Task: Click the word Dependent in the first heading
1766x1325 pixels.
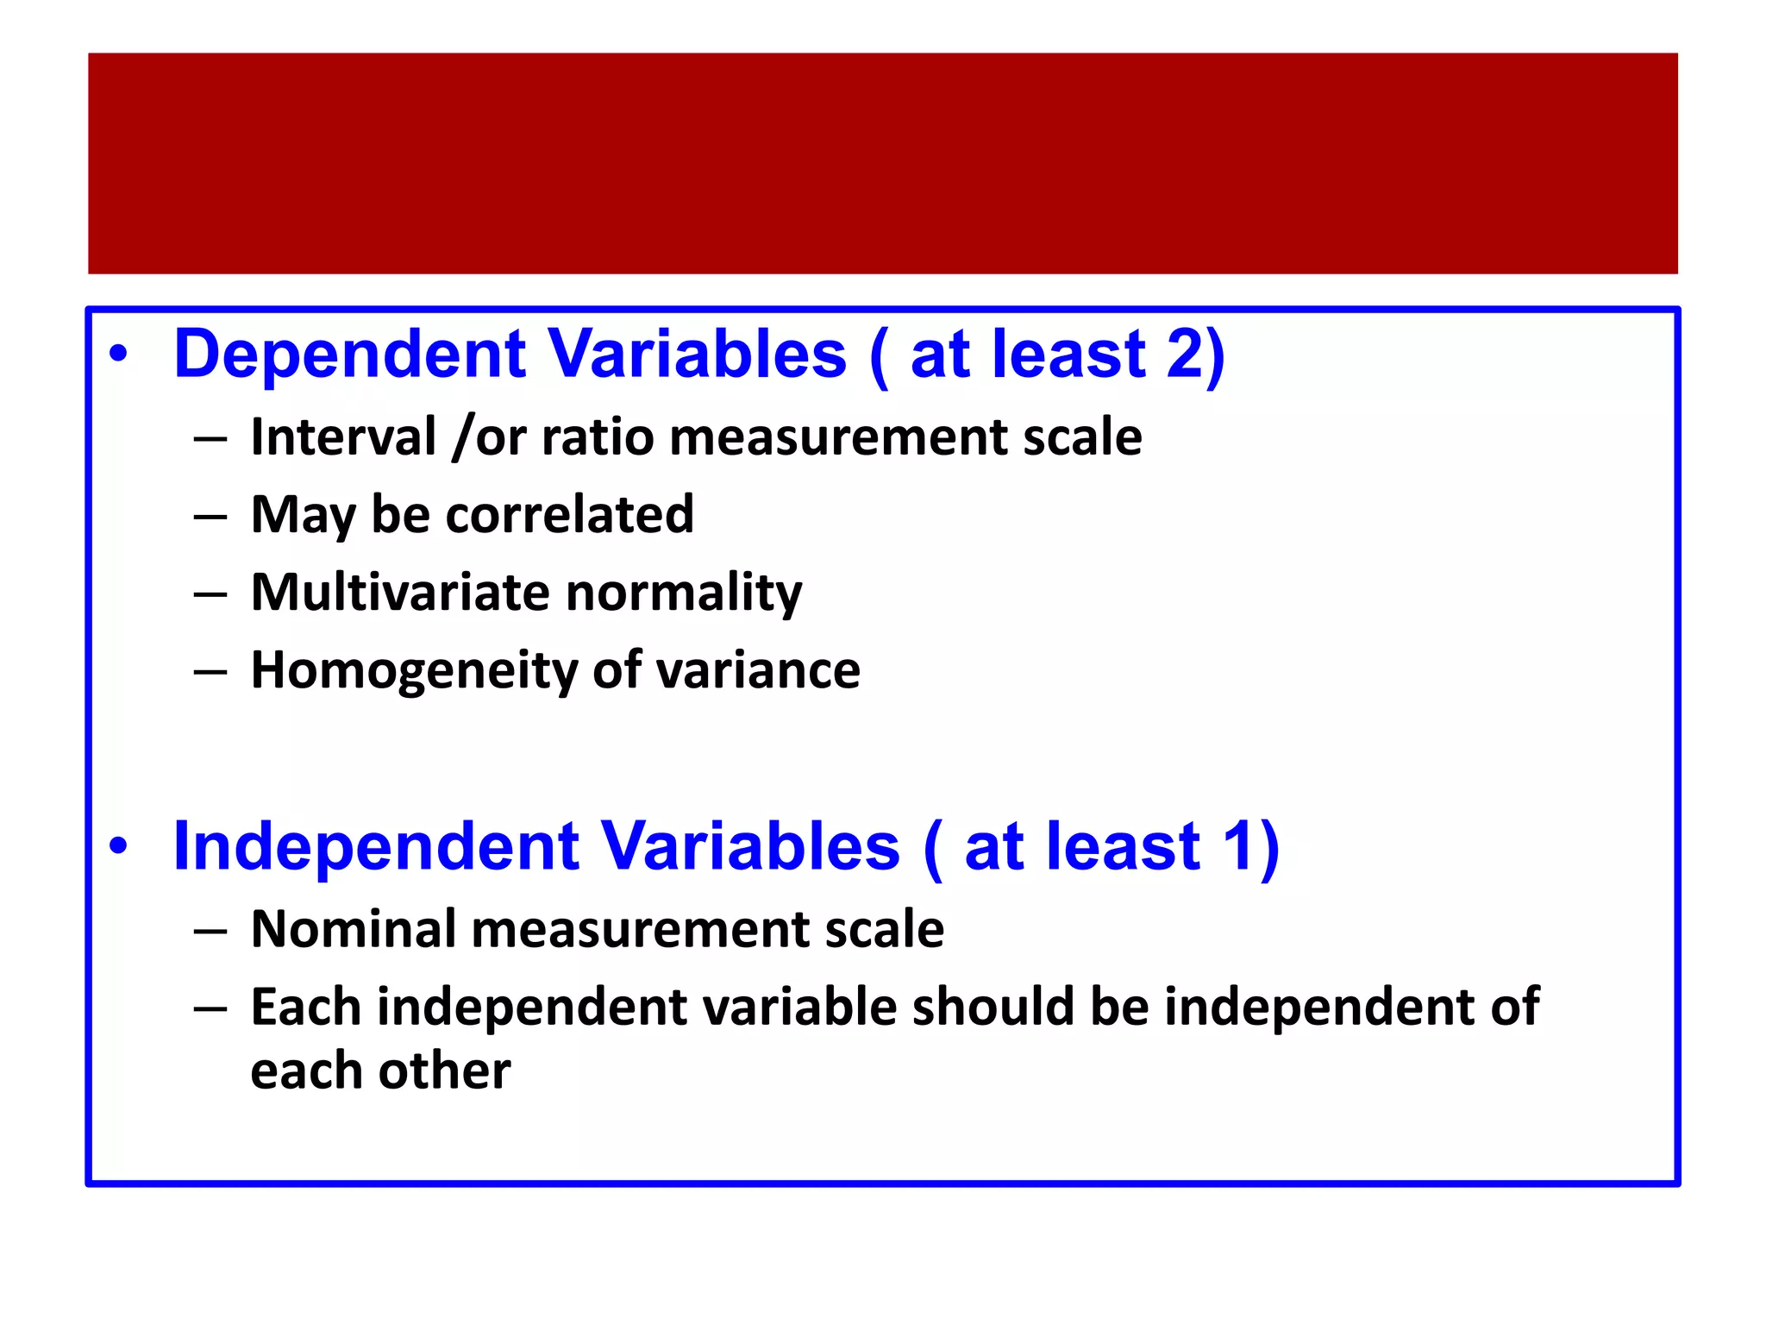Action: tap(349, 355)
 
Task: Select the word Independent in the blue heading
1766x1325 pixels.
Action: tap(376, 847)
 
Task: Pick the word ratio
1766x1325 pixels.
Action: tap(598, 438)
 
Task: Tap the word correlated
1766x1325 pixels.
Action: tap(569, 515)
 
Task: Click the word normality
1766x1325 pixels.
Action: tap(684, 594)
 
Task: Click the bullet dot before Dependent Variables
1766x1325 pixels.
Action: tap(119, 355)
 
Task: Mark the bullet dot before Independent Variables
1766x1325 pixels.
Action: tap(119, 846)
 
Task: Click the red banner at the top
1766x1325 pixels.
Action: tap(883, 164)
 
